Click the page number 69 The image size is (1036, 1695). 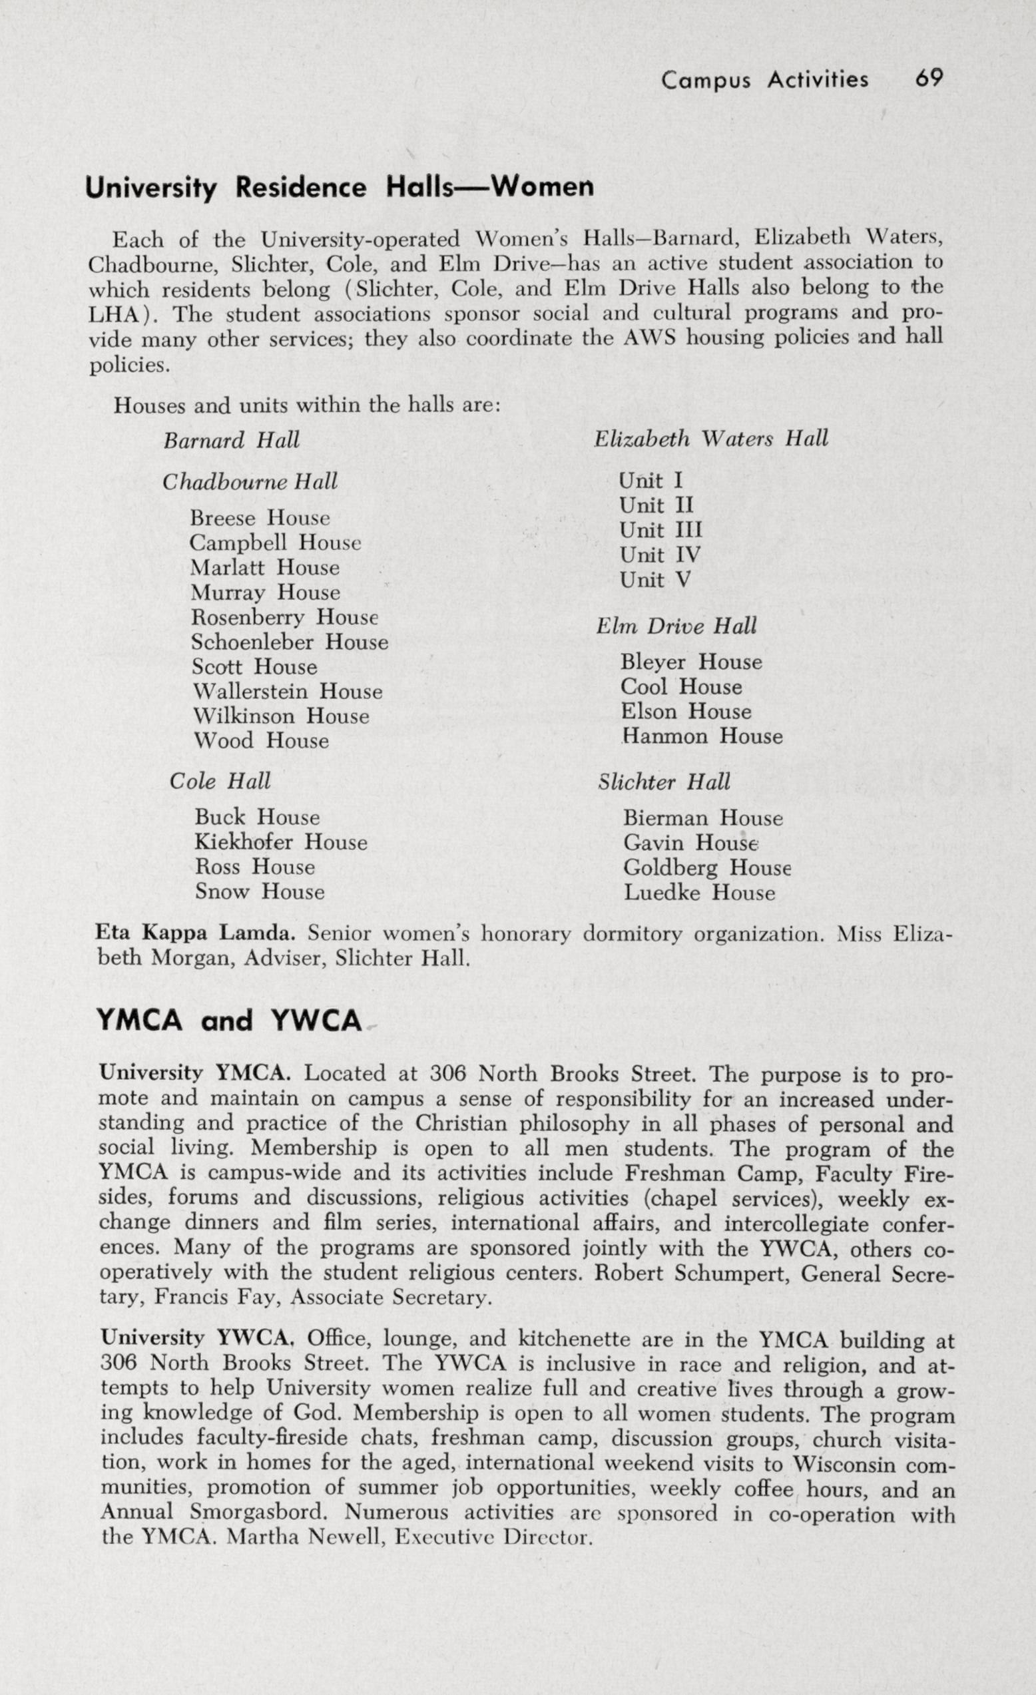pyautogui.click(x=928, y=79)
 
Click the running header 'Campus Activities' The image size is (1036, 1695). pyautogui.click(x=764, y=81)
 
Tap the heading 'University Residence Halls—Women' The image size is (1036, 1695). pyautogui.click(x=338, y=188)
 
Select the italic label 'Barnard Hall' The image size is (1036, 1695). pyautogui.click(x=231, y=440)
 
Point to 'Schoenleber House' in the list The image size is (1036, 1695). pyautogui.click(x=290, y=642)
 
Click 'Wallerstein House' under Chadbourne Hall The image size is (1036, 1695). pyautogui.click(x=287, y=691)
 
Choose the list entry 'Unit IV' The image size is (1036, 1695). pyautogui.click(x=660, y=555)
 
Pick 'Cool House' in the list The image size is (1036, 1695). pyautogui.click(x=681, y=687)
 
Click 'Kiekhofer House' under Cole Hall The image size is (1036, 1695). pyautogui.click(x=281, y=843)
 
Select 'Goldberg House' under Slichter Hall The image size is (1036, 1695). pyautogui.click(x=707, y=868)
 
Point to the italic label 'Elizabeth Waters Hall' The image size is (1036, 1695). pyautogui.click(x=710, y=439)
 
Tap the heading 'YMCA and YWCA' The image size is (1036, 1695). pyautogui.click(x=229, y=1021)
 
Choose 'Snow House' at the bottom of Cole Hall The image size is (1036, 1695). pyautogui.click(x=260, y=892)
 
